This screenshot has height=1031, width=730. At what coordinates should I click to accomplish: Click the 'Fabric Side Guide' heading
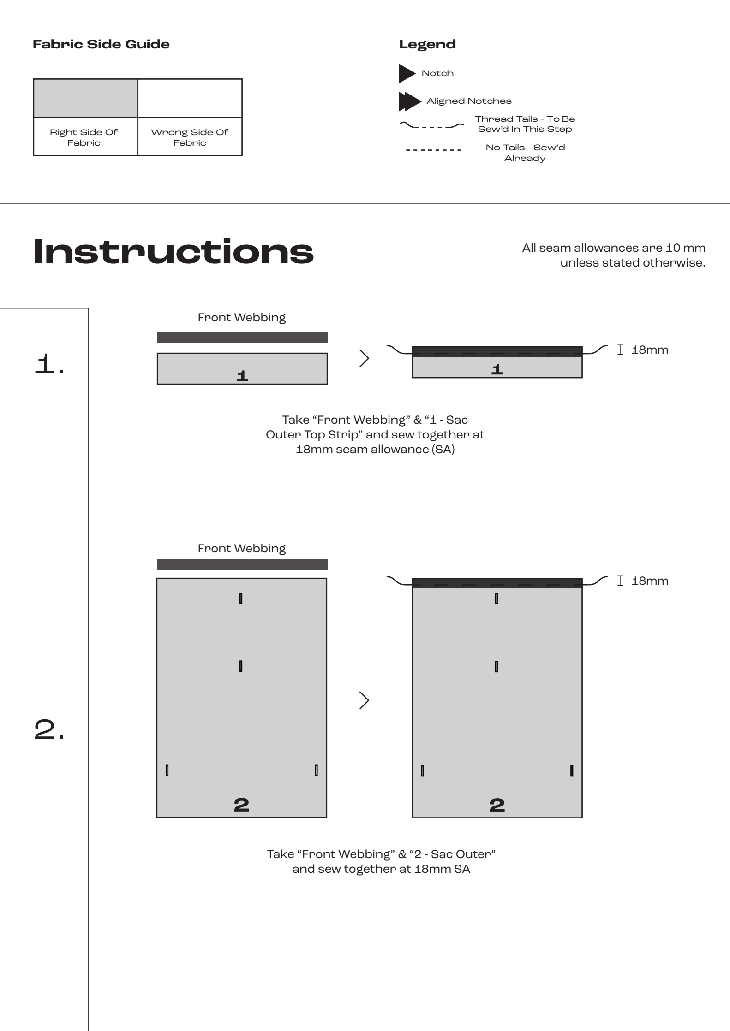point(101,44)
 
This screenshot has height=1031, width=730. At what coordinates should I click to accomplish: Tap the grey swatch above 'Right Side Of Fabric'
point(85,98)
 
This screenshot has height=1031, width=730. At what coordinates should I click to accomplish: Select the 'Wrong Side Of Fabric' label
point(190,137)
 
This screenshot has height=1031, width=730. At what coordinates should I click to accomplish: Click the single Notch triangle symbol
point(407,73)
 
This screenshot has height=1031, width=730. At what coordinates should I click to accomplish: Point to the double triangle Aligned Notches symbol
point(409,101)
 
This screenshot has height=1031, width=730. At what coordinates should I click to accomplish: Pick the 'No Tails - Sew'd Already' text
point(525,153)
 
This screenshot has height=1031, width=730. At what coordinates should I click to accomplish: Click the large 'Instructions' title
point(174,252)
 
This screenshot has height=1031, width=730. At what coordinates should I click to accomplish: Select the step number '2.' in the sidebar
point(50,731)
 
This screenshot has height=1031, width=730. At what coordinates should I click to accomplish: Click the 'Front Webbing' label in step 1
point(241,317)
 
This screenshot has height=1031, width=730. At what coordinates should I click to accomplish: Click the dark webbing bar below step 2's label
point(242,564)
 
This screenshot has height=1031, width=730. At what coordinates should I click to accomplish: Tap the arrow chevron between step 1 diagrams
point(365,358)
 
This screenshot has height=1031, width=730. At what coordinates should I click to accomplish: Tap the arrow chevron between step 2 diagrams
point(365,700)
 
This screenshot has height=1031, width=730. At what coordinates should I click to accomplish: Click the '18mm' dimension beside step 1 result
point(649,350)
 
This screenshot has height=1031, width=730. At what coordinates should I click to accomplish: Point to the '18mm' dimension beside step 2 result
point(649,581)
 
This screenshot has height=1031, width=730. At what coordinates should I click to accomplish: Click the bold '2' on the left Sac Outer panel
point(241,805)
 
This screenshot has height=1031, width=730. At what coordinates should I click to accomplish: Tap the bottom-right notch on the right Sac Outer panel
point(572,770)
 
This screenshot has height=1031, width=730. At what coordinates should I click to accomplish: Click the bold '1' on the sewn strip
point(497,369)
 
